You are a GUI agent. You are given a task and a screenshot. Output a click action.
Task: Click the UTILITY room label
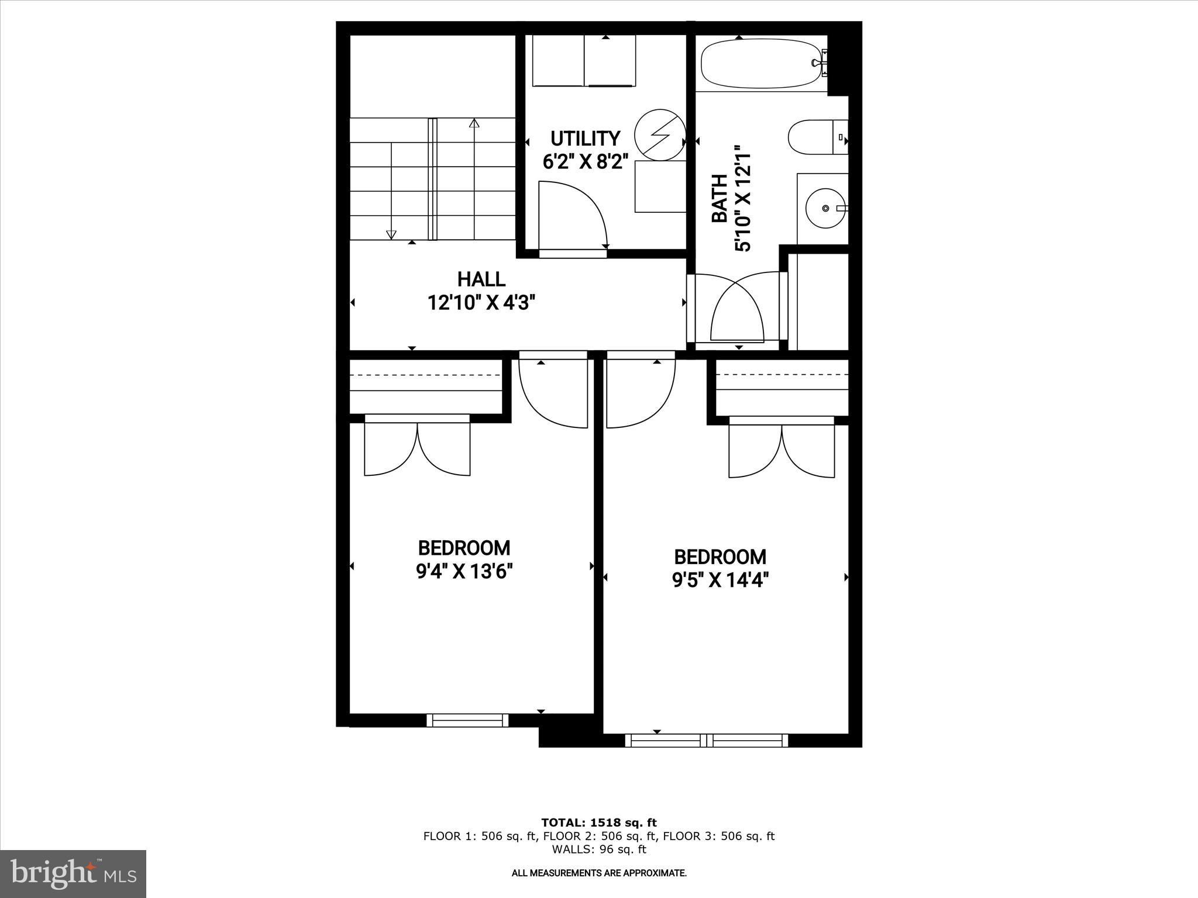[585, 139]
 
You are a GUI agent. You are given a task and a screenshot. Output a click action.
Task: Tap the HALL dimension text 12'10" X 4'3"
[481, 303]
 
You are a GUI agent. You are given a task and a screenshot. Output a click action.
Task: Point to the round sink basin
[825, 208]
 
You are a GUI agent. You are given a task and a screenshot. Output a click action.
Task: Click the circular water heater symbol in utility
[660, 134]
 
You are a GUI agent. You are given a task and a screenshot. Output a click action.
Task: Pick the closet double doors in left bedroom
[417, 447]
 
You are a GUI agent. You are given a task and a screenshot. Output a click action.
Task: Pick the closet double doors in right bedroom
[782, 450]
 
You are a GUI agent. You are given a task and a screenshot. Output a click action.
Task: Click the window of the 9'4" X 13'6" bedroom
[467, 720]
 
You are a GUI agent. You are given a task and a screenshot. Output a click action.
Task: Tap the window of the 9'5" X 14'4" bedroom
[707, 740]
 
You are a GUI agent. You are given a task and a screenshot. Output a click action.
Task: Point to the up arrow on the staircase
[474, 123]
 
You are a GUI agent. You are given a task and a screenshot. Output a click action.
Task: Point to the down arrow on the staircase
[391, 234]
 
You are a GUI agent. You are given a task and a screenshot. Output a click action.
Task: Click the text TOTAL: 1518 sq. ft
[598, 823]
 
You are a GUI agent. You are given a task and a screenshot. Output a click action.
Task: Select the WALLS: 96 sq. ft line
[598, 849]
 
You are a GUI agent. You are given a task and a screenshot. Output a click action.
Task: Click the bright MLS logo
[73, 873]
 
